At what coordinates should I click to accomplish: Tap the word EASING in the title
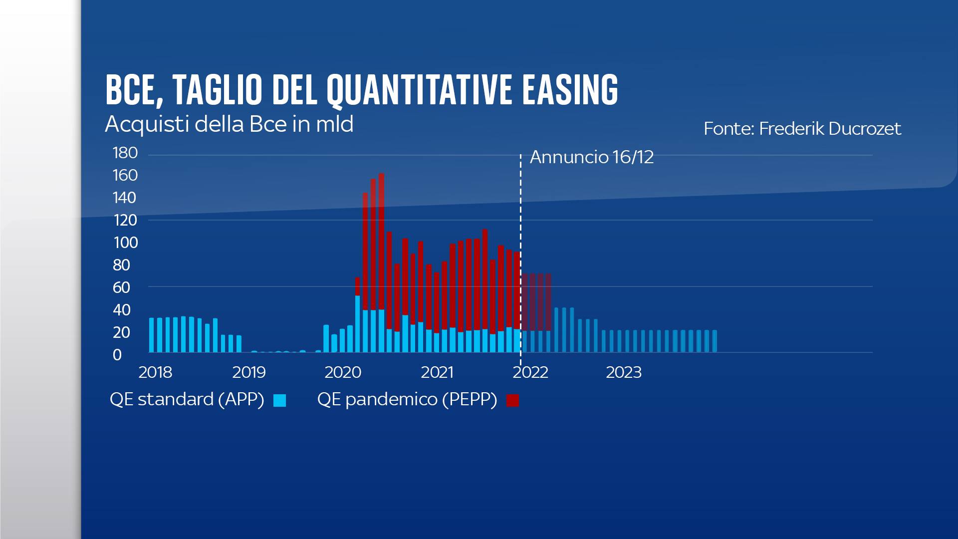tap(570, 90)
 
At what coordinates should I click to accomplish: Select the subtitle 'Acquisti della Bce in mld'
tap(229, 124)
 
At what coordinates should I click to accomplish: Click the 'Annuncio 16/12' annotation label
tap(591, 157)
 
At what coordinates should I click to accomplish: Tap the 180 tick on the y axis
tap(125, 153)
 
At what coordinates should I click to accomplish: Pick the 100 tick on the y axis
tap(125, 243)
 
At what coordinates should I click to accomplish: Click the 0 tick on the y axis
tap(117, 355)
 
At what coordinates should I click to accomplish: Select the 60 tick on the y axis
tap(121, 287)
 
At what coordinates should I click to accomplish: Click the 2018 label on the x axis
tap(155, 372)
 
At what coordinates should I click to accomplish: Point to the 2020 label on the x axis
tap(343, 372)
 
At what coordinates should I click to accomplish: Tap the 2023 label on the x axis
tap(624, 372)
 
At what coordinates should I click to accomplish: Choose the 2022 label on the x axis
tap(530, 372)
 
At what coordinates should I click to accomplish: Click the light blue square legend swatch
tap(280, 400)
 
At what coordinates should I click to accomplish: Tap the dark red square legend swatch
tap(512, 400)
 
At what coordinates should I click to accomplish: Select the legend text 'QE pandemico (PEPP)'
tap(407, 399)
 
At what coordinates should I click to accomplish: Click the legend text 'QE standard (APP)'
tap(187, 399)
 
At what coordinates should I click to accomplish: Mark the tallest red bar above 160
tap(382, 240)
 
